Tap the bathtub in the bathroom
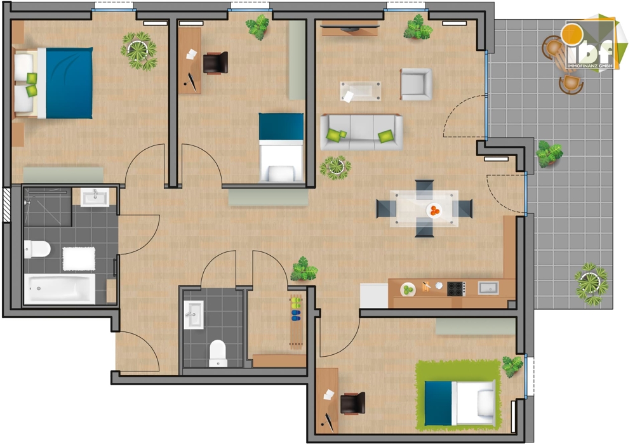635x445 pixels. [60, 289]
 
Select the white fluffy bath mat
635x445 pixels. [79, 258]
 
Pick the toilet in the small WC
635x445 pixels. [218, 352]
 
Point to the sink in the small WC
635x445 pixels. [194, 314]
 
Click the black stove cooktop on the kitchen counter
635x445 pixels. [456, 288]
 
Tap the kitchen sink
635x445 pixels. [488, 288]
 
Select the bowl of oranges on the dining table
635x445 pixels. [434, 209]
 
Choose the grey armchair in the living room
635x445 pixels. [416, 84]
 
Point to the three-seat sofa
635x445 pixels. [361, 131]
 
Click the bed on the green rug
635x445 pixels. [459, 402]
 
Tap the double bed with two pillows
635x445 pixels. [54, 83]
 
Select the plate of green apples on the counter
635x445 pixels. [408, 289]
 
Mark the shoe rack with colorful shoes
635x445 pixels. [295, 320]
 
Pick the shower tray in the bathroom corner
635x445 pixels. [48, 207]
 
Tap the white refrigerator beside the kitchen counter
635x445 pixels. [374, 295]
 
